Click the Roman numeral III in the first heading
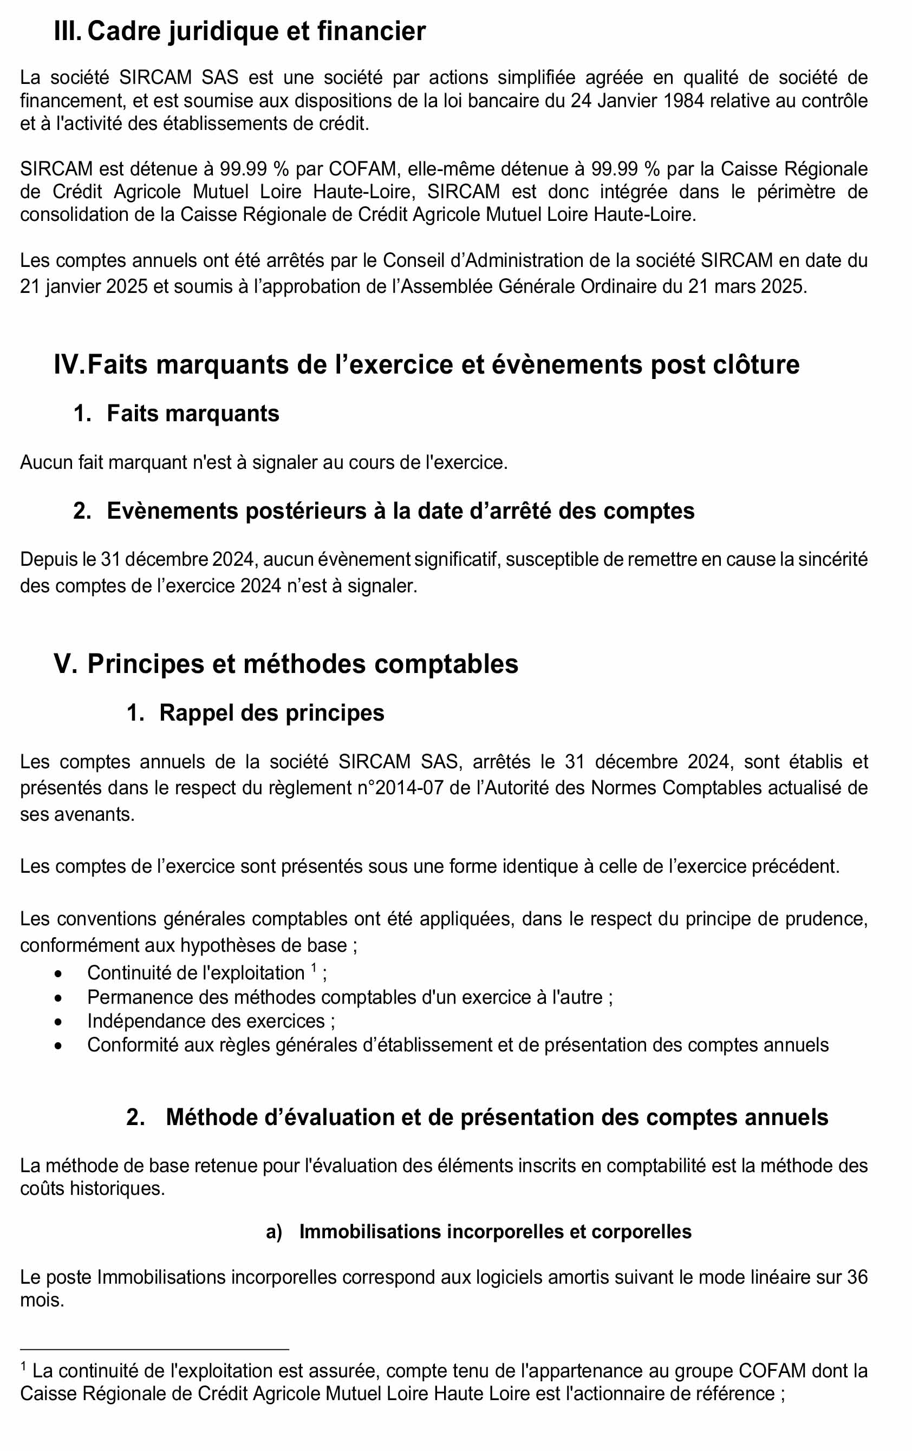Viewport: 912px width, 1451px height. [67, 31]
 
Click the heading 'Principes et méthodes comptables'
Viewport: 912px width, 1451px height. [302, 664]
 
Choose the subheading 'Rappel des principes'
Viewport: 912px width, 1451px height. [271, 713]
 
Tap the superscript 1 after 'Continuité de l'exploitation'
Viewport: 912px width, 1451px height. [314, 969]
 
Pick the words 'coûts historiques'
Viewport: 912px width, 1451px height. [92, 1189]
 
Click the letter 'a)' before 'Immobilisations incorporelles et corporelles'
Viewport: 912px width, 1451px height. [273, 1232]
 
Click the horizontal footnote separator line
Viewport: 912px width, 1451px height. [154, 1349]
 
